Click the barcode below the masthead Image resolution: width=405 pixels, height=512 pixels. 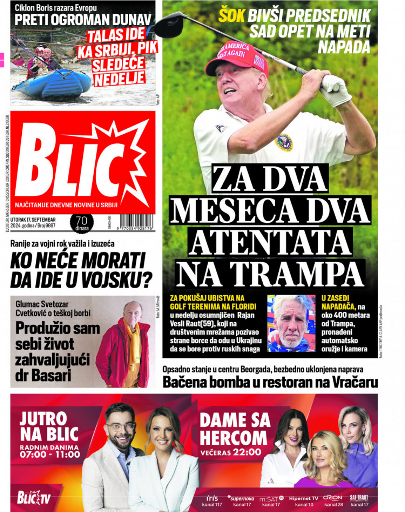click(x=136, y=222)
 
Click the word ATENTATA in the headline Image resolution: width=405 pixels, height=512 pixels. click(x=270, y=243)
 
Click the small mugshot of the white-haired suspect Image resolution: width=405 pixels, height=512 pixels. click(x=291, y=323)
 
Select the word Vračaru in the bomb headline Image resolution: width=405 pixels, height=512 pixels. click(x=352, y=382)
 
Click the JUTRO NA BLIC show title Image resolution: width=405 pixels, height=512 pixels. click(x=49, y=427)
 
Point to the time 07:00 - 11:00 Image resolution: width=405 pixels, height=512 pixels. click(x=50, y=455)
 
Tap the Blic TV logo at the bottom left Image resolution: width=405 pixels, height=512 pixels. click(x=34, y=497)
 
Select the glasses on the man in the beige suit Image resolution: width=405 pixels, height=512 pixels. click(x=120, y=427)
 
